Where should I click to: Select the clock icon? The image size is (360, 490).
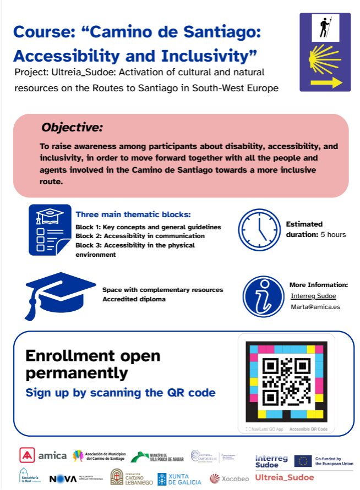click(x=259, y=230)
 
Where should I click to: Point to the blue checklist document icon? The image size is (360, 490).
click(x=50, y=230)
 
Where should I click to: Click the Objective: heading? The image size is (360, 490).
click(x=72, y=128)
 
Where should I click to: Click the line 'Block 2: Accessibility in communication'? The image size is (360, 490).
click(x=140, y=236)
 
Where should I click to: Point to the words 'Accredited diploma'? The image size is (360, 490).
click(x=134, y=299)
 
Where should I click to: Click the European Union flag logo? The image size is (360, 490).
click(x=303, y=461)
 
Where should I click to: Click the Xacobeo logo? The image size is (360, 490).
click(x=229, y=478)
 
